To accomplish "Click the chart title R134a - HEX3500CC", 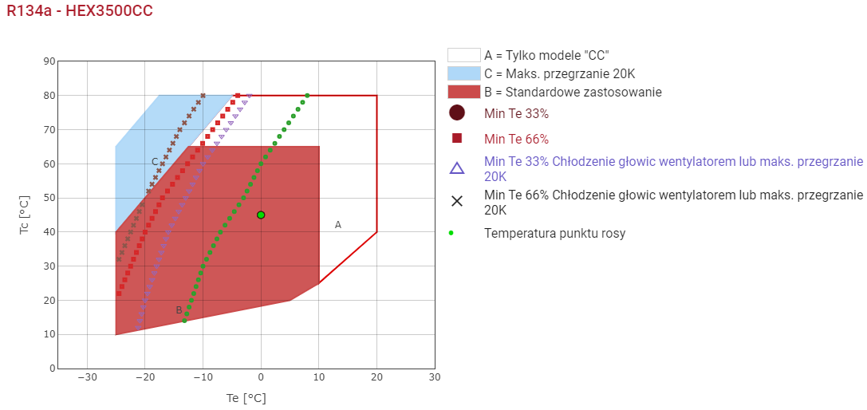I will tap(80, 11).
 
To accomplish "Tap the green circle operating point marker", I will tap(261, 215).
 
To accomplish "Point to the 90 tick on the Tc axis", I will tap(50, 61).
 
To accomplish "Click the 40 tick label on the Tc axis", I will tap(50, 232).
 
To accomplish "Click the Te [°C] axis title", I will tap(245, 397).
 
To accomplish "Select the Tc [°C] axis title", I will tap(23, 215).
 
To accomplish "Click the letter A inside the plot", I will tap(338, 225).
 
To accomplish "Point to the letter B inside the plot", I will tap(179, 310).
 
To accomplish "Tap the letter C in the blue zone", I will tap(155, 162).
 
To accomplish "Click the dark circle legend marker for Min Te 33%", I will tap(457, 113).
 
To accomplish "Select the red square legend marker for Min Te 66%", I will tap(457, 138).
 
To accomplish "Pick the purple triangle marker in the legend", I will tap(457, 168).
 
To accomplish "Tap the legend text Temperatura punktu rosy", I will tap(554, 234).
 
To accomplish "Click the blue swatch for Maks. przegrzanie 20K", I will tap(463, 73).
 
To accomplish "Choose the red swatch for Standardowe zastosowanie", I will tap(463, 92).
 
